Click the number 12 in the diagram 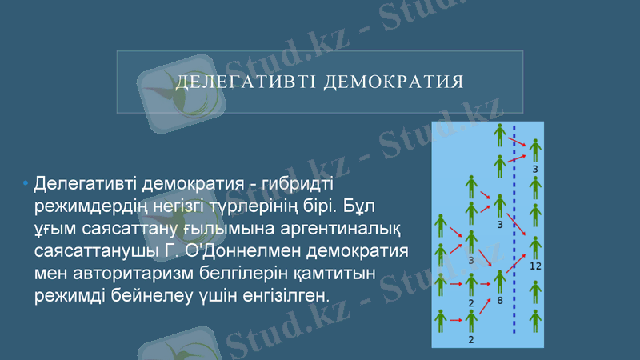[535, 266]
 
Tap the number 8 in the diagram [500, 302]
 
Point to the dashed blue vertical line [514, 232]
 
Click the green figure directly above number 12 [535, 246]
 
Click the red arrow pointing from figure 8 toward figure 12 [517, 263]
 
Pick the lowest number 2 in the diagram [471, 338]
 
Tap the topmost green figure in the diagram [500, 134]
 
